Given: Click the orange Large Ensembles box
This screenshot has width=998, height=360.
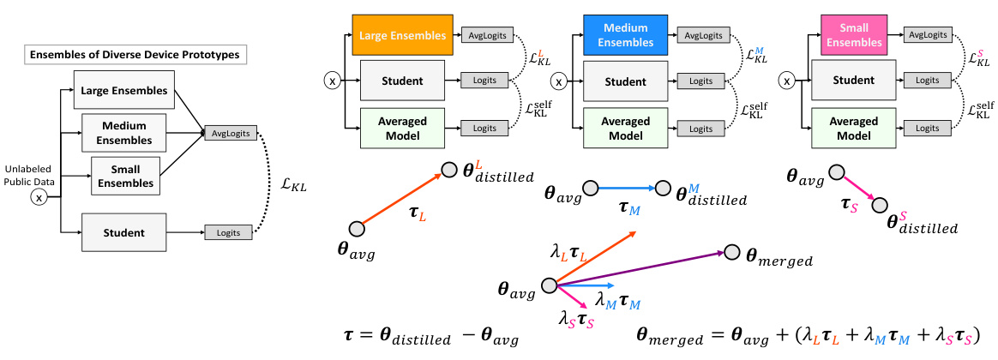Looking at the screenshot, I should pyautogui.click(x=401, y=36).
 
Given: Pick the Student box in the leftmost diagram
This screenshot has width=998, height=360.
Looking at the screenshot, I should pyautogui.click(x=129, y=232).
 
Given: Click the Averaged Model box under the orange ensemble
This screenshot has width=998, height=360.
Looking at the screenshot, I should pyautogui.click(x=402, y=127).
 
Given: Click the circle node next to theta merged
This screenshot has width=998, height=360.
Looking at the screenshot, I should pyautogui.click(x=730, y=252).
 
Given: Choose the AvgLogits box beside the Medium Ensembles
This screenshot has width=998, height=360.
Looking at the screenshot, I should pyautogui.click(x=701, y=35).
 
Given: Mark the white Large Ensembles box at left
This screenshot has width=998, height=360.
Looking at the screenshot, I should pyautogui.click(x=124, y=91).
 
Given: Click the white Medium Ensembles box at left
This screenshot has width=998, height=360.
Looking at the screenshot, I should pyautogui.click(x=129, y=133).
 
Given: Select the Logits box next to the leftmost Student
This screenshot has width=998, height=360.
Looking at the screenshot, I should pyautogui.click(x=228, y=232).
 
